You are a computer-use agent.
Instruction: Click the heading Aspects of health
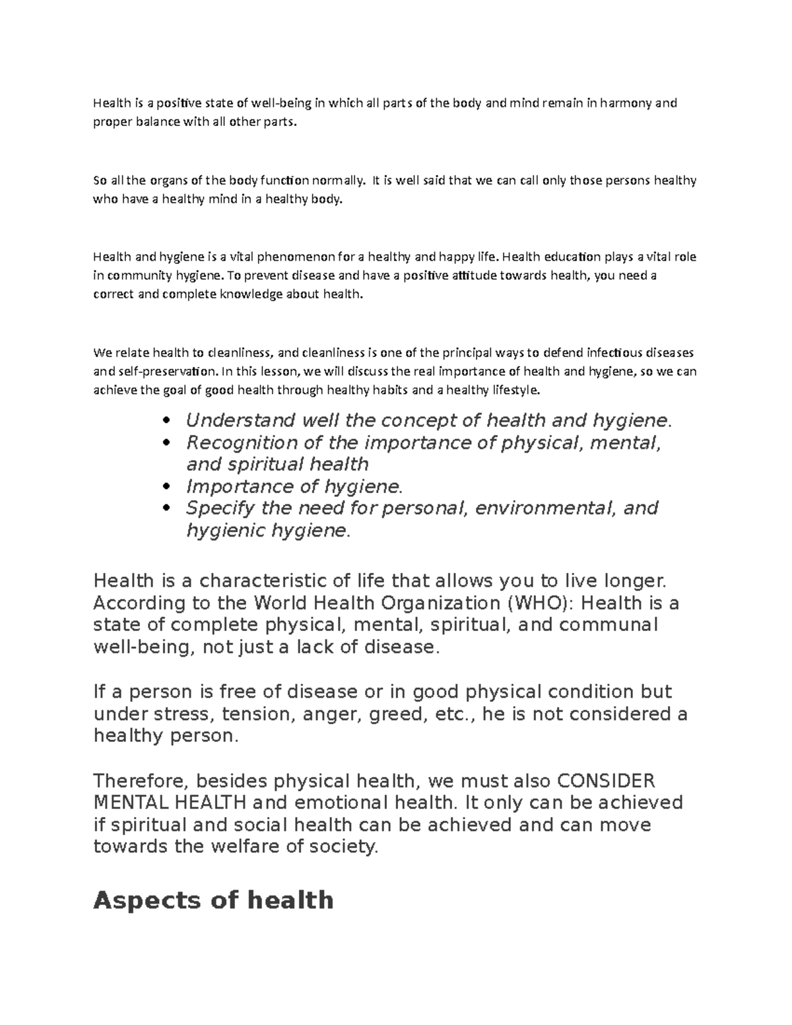click(x=213, y=900)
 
